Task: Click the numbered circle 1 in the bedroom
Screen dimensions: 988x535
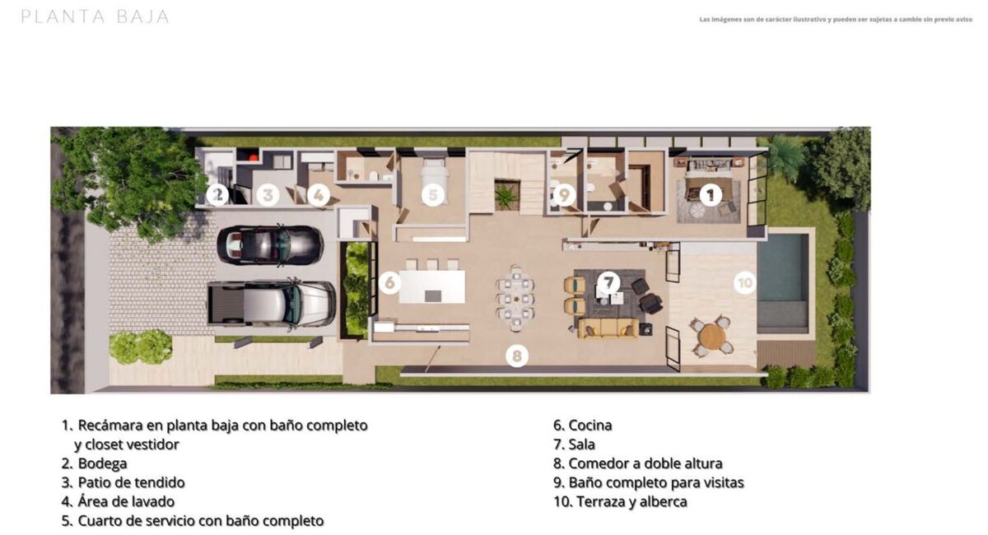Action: coord(710,194)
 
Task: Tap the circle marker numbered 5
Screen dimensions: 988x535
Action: coord(433,194)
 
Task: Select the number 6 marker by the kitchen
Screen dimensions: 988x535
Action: coord(390,282)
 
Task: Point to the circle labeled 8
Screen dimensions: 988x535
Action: coord(517,356)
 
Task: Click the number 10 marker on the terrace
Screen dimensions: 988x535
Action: coord(745,282)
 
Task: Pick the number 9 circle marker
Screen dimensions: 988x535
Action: coord(565,194)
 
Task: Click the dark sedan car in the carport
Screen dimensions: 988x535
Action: coord(270,245)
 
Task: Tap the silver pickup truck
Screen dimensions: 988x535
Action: coord(272,305)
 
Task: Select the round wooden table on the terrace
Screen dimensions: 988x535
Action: coord(712,337)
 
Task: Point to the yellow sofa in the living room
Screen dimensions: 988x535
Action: coord(608,328)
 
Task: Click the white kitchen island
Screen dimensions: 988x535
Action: coord(432,286)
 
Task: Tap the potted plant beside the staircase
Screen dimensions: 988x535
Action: coord(506,196)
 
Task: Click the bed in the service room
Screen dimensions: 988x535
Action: coord(435,176)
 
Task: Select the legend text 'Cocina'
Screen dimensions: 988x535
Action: coord(590,426)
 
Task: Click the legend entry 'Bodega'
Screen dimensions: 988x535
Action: coord(102,463)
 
